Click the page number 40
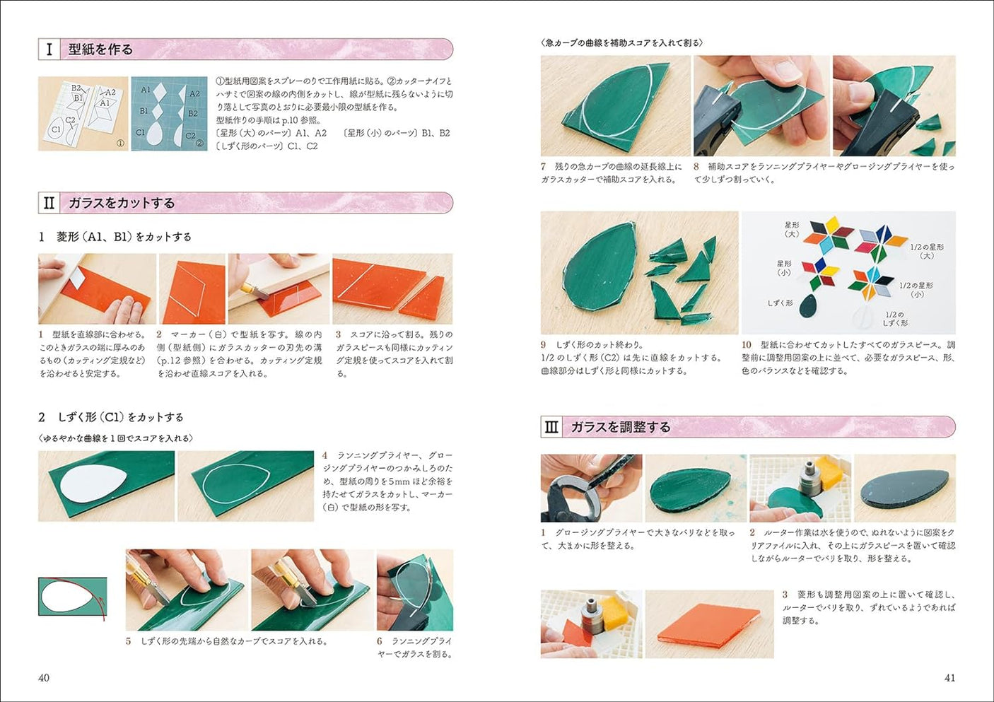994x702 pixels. tap(44, 677)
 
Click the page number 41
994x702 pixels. tap(949, 677)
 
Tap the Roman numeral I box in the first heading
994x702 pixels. tap(49, 49)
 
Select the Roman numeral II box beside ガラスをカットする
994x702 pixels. tap(49, 203)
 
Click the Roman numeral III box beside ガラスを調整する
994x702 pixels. tap(551, 427)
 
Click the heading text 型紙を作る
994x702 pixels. tap(100, 49)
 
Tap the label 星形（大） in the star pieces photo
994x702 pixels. tap(792, 229)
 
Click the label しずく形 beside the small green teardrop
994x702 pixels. tap(780, 303)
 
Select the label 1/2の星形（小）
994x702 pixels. tap(916, 289)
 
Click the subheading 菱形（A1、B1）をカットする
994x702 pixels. tap(124, 237)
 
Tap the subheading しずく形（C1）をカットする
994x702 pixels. tap(120, 417)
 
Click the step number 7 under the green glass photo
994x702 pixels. tap(544, 167)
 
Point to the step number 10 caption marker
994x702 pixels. tap(747, 345)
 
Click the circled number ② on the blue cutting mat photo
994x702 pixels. tap(199, 144)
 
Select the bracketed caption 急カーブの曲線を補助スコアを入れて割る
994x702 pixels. tap(622, 43)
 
